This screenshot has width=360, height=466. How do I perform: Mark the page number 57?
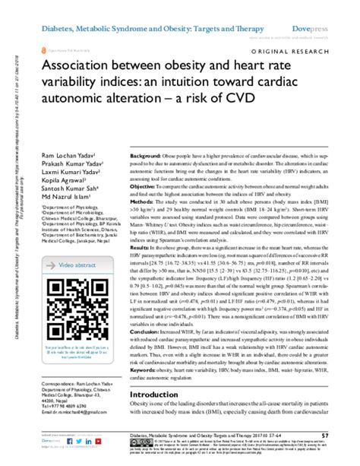(346, 436)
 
